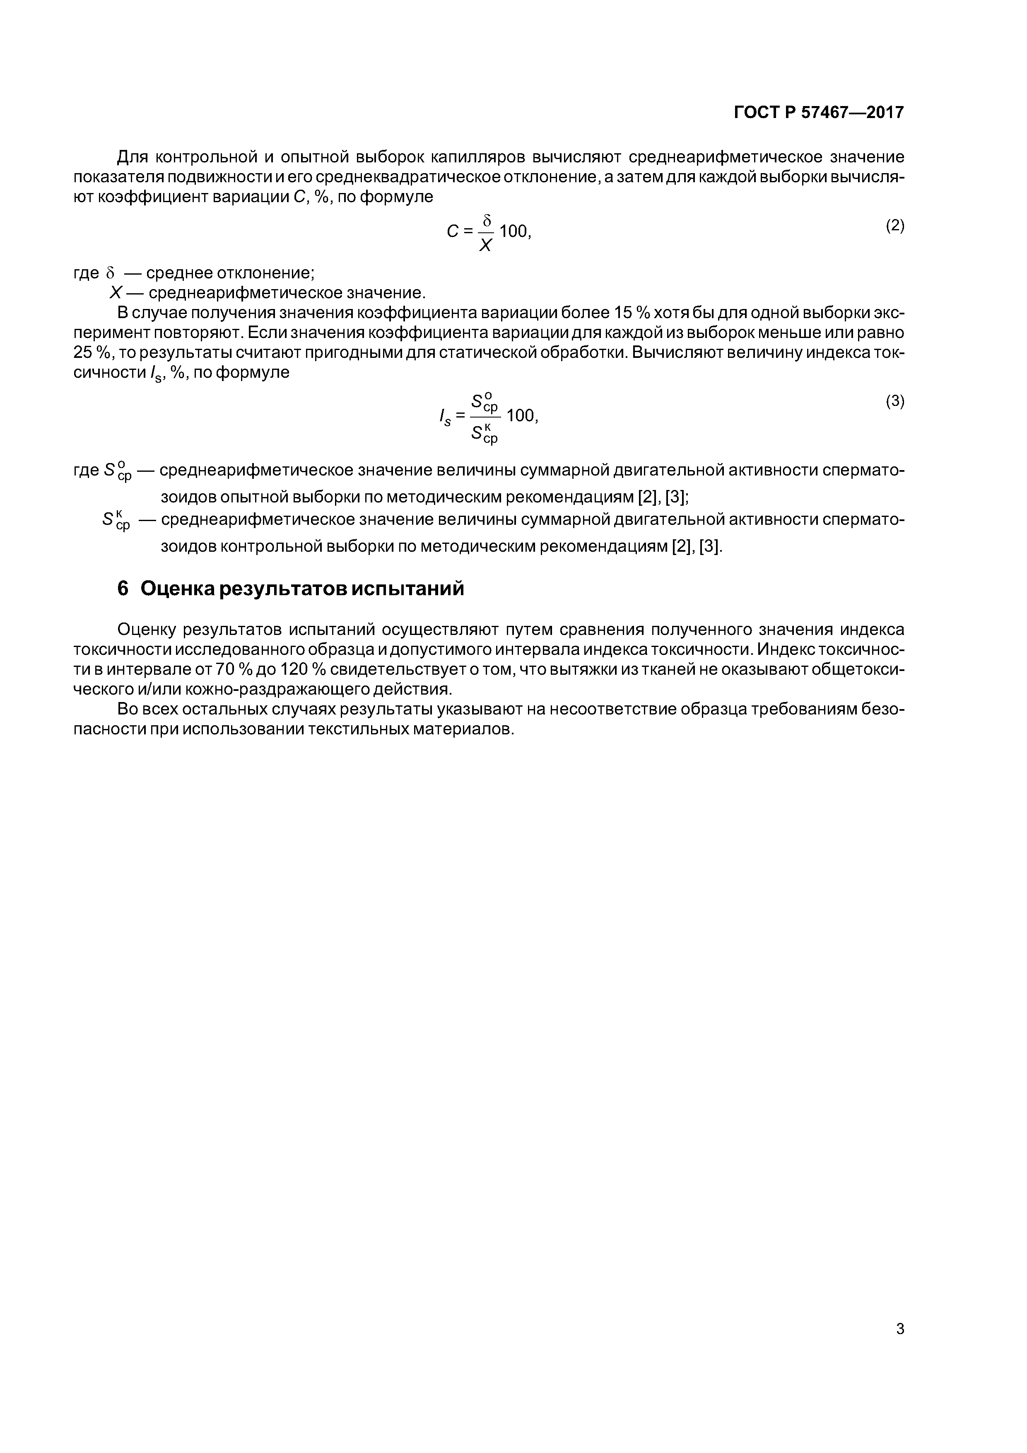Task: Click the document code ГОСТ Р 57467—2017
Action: click(x=819, y=113)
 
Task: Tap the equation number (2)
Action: click(x=895, y=225)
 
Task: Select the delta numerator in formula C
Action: click(x=487, y=220)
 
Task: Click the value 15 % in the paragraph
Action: click(x=628, y=313)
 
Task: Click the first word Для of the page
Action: click(x=133, y=157)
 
